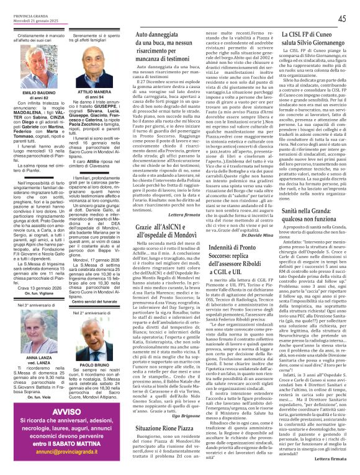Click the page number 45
click(341, 19)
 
